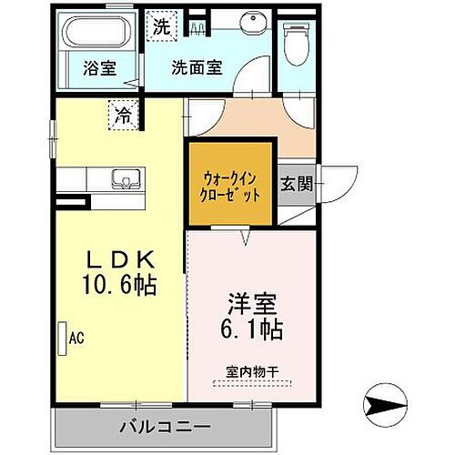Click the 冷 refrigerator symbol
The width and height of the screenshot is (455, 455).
[122, 114]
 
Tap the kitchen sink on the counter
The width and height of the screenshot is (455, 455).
[120, 178]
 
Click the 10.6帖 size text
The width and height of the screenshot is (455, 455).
[118, 285]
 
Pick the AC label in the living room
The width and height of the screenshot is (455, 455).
[76, 339]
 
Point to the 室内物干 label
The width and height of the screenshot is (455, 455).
[251, 371]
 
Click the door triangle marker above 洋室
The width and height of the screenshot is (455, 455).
[246, 238]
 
